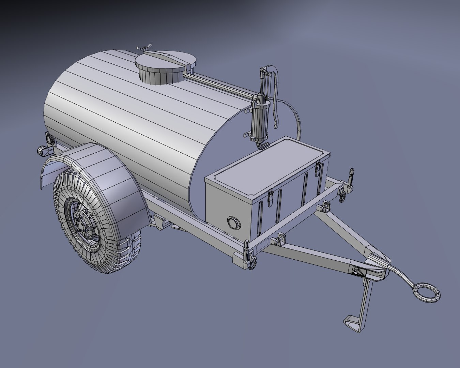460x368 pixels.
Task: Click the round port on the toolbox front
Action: point(234,222)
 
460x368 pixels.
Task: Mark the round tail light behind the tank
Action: point(49,140)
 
